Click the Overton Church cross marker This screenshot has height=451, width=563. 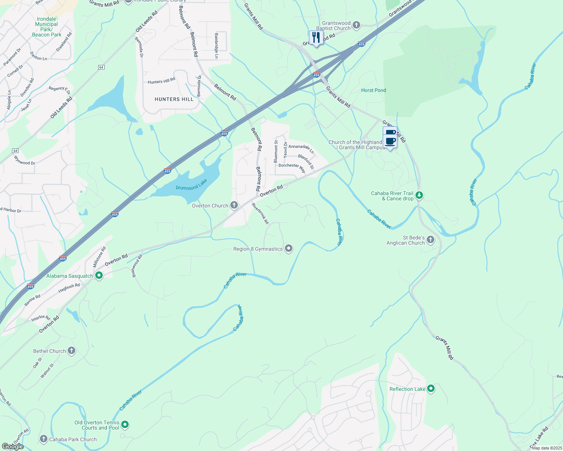(x=234, y=205)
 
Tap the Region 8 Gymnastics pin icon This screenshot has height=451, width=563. (x=289, y=248)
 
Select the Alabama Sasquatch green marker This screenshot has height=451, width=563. (x=99, y=275)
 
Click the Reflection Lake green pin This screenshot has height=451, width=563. (x=431, y=389)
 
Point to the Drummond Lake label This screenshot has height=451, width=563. (x=192, y=185)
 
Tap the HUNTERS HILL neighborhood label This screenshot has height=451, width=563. (x=174, y=99)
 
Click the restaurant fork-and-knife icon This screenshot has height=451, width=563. (x=316, y=37)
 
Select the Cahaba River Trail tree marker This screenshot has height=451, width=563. (x=419, y=195)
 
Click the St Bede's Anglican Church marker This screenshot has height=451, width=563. (x=431, y=240)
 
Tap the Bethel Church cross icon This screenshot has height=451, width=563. (x=71, y=351)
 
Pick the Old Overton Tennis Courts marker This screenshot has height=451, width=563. (x=125, y=425)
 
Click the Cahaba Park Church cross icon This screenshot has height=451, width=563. (x=44, y=439)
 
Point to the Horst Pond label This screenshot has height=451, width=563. (x=373, y=90)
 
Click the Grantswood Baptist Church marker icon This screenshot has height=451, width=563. (x=356, y=25)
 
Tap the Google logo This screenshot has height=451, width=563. (x=12, y=446)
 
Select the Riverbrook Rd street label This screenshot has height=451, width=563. (x=260, y=213)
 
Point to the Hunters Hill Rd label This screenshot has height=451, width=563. (x=161, y=81)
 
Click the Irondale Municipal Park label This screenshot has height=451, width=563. (x=46, y=27)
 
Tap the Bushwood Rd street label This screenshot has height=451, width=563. (x=137, y=266)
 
